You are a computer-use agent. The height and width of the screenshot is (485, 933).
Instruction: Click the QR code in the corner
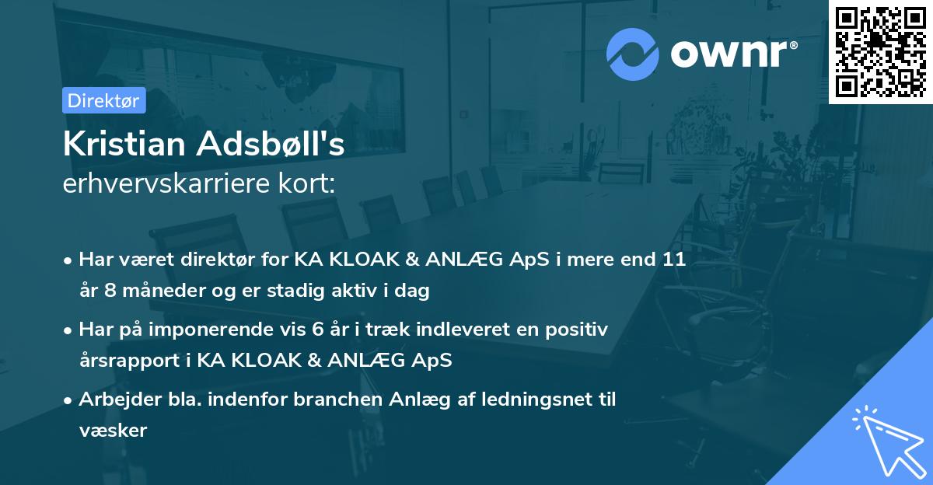click(881, 51)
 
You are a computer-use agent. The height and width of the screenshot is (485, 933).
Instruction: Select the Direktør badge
click(103, 100)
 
